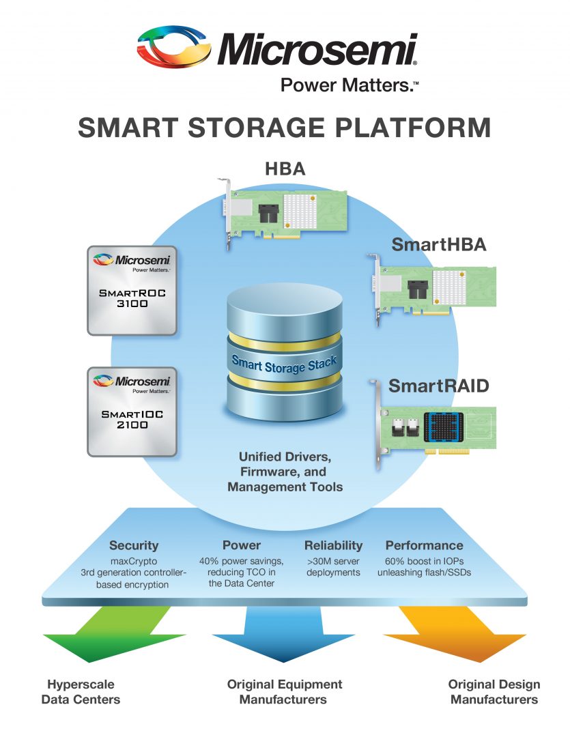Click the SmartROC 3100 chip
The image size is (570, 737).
[x=132, y=290]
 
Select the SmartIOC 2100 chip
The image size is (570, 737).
[x=132, y=411]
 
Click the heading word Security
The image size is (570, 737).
[x=134, y=545]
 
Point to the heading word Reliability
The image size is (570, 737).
[x=333, y=545]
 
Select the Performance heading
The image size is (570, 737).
[x=424, y=545]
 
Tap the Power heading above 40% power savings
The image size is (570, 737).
[x=242, y=545]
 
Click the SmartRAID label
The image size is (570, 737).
[x=438, y=386]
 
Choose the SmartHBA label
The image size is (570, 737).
[x=438, y=245]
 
